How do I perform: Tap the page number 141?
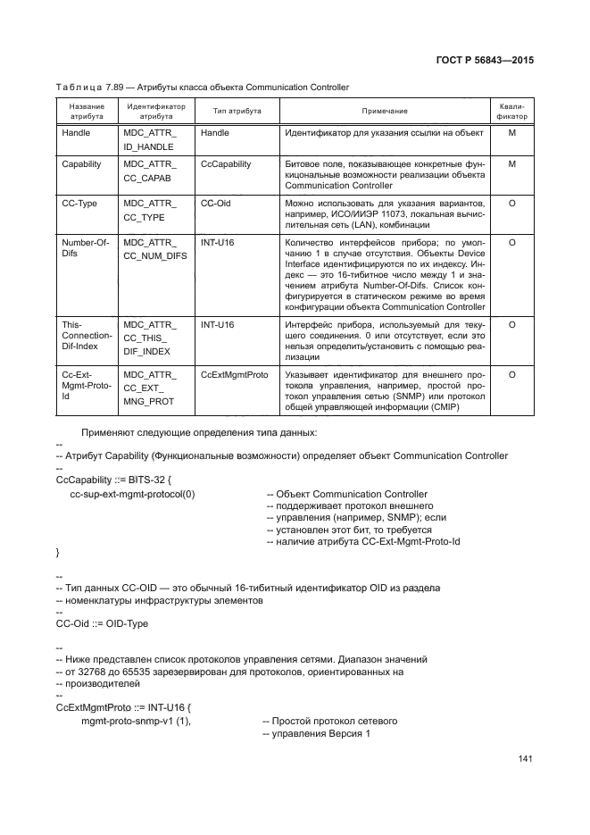tap(525, 759)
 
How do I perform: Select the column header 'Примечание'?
tap(385, 111)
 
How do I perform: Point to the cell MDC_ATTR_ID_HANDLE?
tap(150, 139)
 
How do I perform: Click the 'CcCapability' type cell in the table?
tap(226, 164)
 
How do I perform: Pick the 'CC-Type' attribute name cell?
tap(79, 204)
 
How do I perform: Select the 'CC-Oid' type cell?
tap(217, 204)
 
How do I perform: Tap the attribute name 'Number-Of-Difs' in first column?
tap(83, 249)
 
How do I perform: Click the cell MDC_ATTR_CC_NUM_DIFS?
tap(154, 249)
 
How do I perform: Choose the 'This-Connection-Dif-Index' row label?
tap(87, 335)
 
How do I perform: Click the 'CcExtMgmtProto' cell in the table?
tap(234, 375)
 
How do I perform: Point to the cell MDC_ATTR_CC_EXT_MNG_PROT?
tap(150, 388)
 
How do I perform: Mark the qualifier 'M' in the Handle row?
tap(511, 132)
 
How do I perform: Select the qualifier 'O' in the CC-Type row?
tap(511, 204)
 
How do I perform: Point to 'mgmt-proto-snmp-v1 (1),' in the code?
tap(137, 720)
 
